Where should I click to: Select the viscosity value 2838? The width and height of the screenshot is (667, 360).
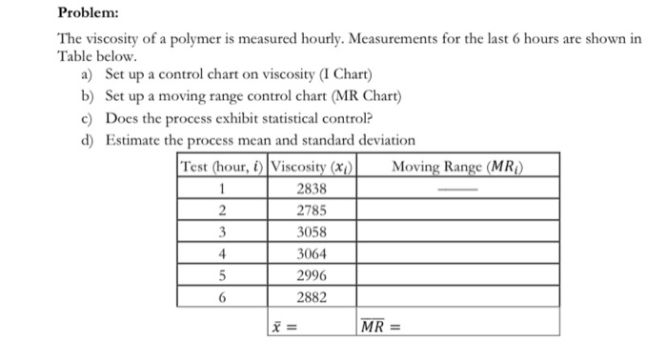click(313, 190)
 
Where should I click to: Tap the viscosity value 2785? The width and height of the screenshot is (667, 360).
click(313, 210)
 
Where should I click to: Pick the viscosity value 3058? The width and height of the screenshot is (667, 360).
click(313, 232)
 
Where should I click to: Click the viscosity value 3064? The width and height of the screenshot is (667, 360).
click(313, 253)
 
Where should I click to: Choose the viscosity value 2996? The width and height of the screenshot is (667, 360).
click(313, 275)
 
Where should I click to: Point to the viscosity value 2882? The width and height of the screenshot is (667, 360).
click(313, 296)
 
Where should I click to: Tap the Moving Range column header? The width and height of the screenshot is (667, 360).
click(459, 168)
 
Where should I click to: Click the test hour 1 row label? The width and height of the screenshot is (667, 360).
click(222, 190)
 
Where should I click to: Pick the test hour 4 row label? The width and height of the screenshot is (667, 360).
click(222, 253)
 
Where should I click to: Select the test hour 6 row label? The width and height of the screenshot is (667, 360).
click(222, 296)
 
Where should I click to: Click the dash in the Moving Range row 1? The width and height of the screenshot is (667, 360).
click(458, 190)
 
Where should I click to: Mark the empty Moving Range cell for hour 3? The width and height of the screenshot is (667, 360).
click(458, 232)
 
